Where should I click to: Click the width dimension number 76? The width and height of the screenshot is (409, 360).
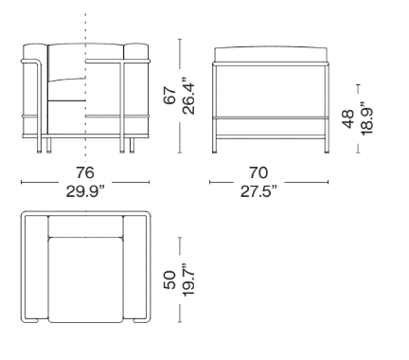pos(85,172)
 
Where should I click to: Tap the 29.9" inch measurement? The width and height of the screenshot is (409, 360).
pos(85,191)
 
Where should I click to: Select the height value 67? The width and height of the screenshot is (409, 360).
pos(169,95)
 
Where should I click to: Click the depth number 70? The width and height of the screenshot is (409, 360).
pos(258,172)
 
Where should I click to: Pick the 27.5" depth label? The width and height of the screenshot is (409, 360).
pos(258,191)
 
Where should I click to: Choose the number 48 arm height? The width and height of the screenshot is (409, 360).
pos(348,119)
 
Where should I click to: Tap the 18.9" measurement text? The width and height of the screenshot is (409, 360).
pos(367,119)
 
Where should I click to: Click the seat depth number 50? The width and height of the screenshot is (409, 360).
pos(169,279)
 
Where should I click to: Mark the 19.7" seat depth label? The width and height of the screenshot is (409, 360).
pos(188,279)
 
